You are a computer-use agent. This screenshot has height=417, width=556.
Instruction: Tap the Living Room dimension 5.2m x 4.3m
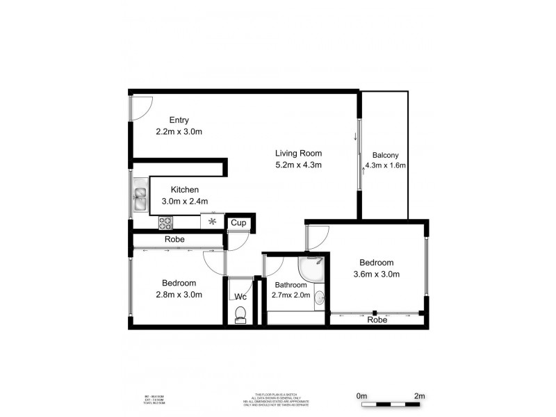[x=298, y=165]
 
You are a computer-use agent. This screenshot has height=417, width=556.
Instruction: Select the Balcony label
[x=384, y=154]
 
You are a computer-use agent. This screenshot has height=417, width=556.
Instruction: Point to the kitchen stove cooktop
[x=165, y=222]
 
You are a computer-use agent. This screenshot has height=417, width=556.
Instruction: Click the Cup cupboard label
[x=238, y=223]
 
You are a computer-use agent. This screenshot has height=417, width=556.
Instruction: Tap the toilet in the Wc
[x=240, y=317]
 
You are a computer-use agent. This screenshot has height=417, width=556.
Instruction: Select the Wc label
[x=240, y=297]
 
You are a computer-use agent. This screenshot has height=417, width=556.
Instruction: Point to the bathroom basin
[x=318, y=299]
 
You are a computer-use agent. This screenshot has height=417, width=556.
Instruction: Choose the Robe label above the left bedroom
[x=174, y=239]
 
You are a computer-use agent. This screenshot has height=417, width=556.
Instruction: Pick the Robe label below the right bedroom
[x=376, y=320]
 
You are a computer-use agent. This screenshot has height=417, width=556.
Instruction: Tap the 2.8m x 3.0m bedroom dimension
[x=179, y=294]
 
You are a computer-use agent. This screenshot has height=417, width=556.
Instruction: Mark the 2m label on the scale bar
[x=419, y=396]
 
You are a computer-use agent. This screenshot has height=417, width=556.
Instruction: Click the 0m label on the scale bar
[x=361, y=396]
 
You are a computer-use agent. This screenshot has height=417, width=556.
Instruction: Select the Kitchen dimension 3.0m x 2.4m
[x=185, y=201]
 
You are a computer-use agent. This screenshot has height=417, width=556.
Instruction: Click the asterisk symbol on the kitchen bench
[x=211, y=222]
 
